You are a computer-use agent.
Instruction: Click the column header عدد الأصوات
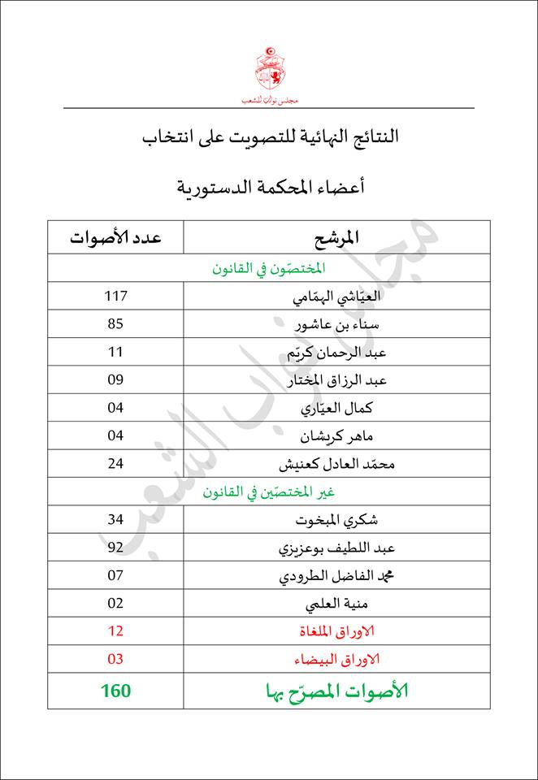[x=115, y=238]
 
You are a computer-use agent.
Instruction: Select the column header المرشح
[x=336, y=238]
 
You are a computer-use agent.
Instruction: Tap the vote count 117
[x=115, y=297]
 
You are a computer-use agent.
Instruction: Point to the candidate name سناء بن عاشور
[x=336, y=325]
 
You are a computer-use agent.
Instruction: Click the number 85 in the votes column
[x=115, y=324]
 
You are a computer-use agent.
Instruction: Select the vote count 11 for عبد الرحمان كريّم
[x=115, y=352]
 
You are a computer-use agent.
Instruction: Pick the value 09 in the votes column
[x=115, y=379]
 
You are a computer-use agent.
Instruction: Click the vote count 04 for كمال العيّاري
[x=115, y=408]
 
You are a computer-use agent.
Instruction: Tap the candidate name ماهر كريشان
[x=336, y=436]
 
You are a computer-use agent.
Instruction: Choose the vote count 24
[x=115, y=464]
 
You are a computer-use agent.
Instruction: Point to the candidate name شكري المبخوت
[x=336, y=520]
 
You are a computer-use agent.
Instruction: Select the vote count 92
[x=115, y=548]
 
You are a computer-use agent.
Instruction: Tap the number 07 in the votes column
[x=115, y=575]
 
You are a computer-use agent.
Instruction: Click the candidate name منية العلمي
[x=336, y=604]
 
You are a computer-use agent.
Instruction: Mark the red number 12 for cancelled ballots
[x=115, y=631]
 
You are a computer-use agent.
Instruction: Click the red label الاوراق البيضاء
[x=336, y=659]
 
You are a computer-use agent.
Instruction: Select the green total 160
[x=115, y=691]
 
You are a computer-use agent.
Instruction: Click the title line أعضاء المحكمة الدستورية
[x=269, y=188]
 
